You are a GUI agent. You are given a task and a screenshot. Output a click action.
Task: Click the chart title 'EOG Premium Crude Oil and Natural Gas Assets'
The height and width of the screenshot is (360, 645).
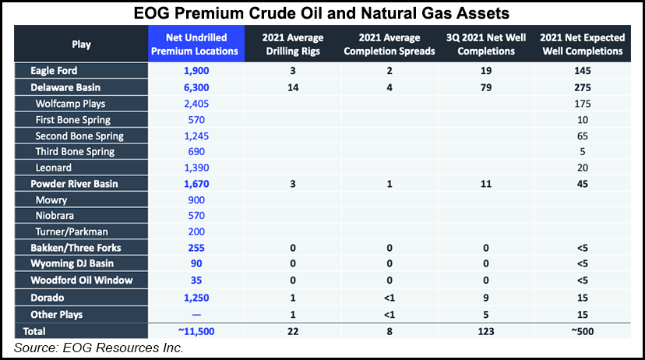point(322,12)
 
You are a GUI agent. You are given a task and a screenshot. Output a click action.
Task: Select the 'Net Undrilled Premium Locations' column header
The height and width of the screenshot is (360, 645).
point(196,44)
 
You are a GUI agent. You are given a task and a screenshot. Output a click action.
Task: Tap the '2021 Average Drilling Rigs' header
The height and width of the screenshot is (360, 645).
point(293,44)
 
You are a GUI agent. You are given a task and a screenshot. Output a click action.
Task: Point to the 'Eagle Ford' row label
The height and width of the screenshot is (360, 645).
point(52,72)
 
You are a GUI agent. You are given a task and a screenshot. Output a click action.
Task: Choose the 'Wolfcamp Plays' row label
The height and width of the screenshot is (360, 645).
point(70,104)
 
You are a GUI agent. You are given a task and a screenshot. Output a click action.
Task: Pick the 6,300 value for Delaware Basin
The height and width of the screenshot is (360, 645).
point(196,88)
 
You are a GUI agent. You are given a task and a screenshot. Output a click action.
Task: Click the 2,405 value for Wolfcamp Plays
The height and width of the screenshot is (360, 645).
point(196,104)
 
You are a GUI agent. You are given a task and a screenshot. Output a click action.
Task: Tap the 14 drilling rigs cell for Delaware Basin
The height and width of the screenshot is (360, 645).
point(293,88)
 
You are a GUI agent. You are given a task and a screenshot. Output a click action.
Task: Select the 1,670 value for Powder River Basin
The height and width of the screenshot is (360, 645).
point(196,184)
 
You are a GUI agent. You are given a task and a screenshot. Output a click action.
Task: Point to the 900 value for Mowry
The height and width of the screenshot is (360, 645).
point(196,199)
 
